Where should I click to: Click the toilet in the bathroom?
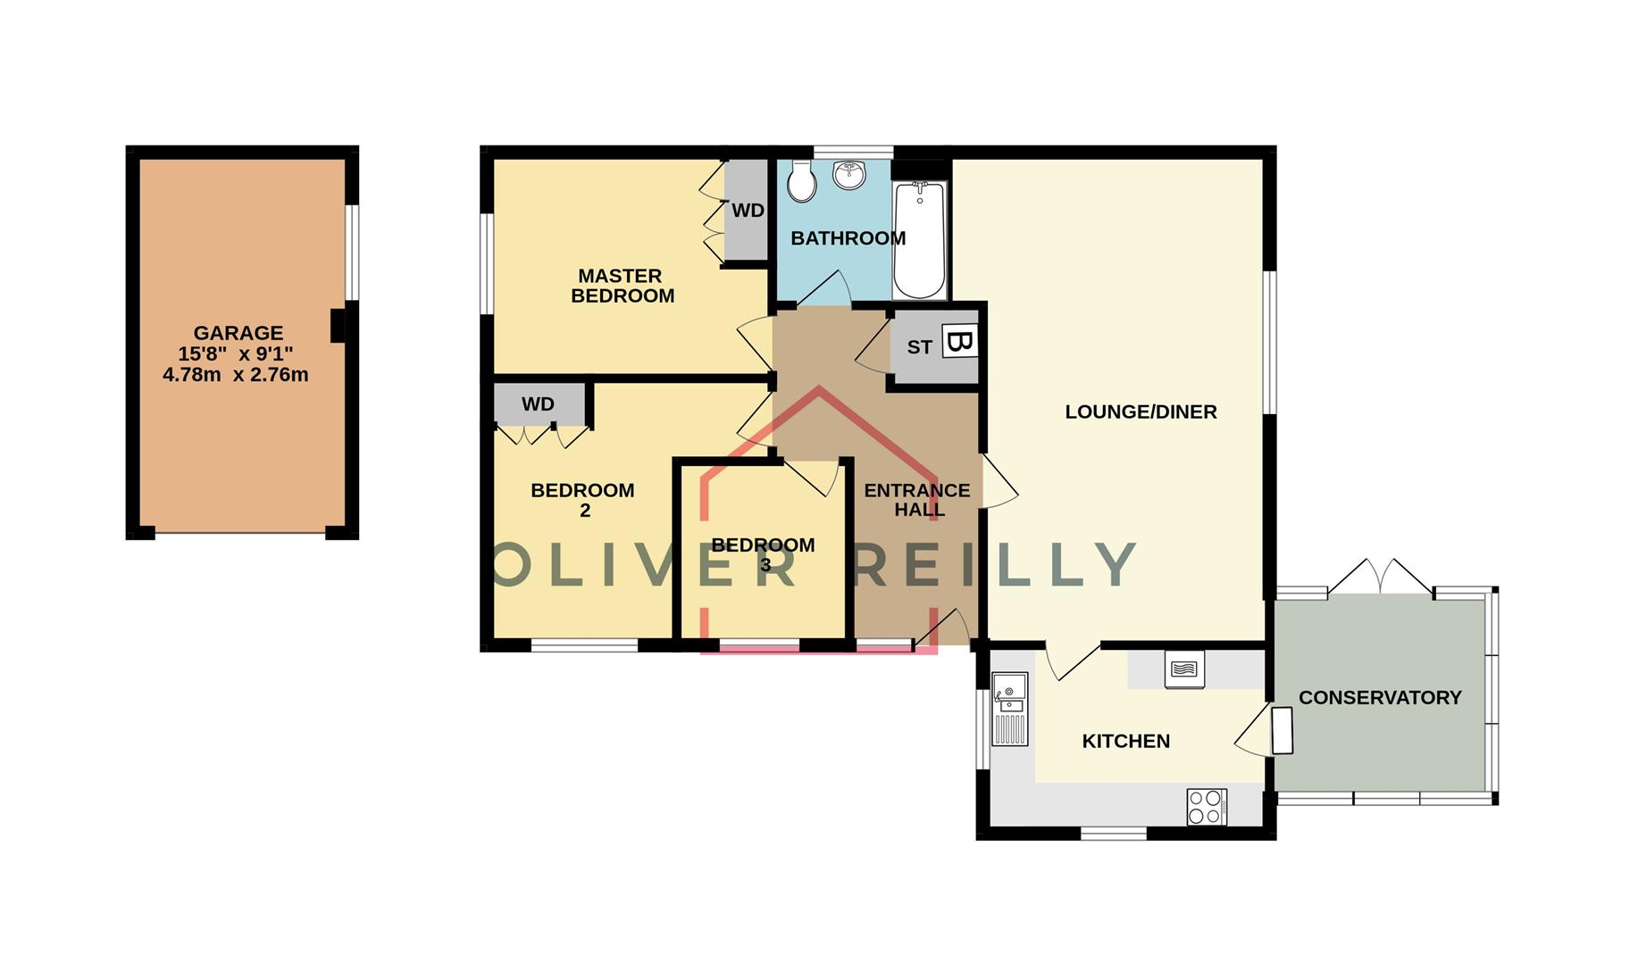tap(802, 183)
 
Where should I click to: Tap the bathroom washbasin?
tap(849, 174)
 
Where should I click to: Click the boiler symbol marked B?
tap(960, 342)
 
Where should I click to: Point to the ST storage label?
tap(919, 347)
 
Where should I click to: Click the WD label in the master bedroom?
tap(748, 211)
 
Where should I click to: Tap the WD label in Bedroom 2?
tap(538, 404)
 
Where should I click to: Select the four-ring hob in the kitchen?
tap(1206, 807)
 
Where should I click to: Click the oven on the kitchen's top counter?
tap(1184, 669)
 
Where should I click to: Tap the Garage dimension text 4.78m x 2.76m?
tap(236, 375)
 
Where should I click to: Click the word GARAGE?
tap(238, 333)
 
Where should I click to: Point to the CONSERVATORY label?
tap(1380, 698)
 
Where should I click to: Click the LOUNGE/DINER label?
tap(1141, 412)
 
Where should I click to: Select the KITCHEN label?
tap(1125, 742)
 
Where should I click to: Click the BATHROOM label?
tap(848, 238)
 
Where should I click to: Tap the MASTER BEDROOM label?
tap(623, 286)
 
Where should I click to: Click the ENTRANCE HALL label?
tap(917, 500)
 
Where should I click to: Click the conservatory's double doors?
tap(1381, 578)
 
